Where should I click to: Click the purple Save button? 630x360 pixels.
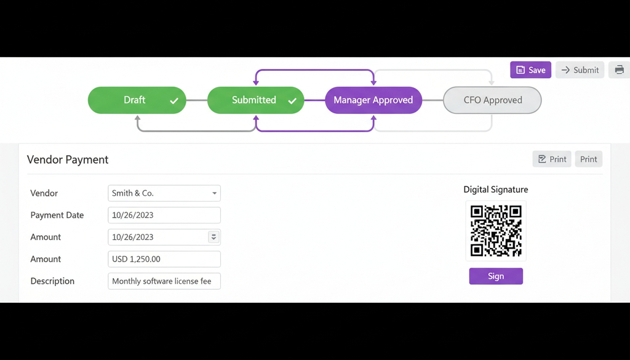pos(530,70)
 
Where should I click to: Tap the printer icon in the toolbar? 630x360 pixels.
pos(619,70)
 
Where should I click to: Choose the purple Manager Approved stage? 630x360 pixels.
pos(373,100)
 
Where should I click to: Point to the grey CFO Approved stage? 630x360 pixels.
pos(492,100)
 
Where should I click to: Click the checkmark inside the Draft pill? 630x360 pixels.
pos(174,101)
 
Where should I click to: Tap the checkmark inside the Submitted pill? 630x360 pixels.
pos(292,101)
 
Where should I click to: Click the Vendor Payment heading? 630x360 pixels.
pos(68,159)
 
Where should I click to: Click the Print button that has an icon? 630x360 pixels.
pos(552,159)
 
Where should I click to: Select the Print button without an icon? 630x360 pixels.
pos(589,159)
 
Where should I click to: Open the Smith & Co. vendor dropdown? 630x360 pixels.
pos(164,193)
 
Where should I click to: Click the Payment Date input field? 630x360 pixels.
pos(164,215)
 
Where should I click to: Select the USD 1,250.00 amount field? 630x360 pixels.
pos(164,259)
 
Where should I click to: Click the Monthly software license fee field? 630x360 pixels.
pos(164,281)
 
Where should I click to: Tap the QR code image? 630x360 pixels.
pos(496,231)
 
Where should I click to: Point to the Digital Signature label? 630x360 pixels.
pos(496,190)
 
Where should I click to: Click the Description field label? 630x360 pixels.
pos(52,281)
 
